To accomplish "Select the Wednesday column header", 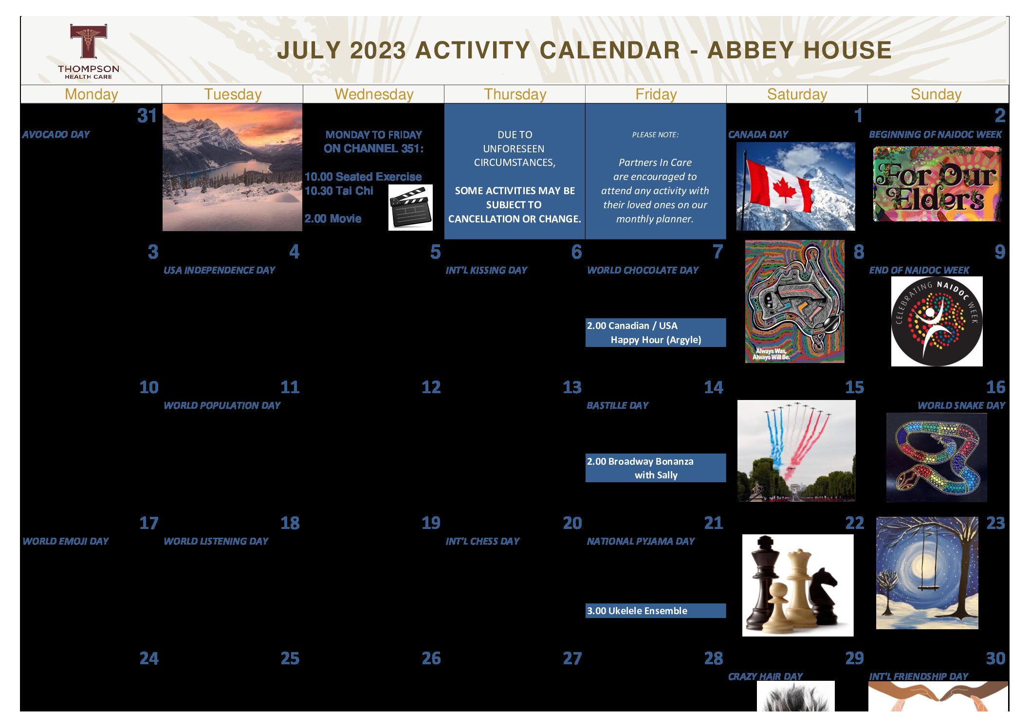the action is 374,94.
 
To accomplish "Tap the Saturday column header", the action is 797,94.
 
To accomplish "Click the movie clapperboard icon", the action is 410,207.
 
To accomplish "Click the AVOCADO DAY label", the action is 56,134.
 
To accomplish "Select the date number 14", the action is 713,387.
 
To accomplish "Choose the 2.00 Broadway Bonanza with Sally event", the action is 655,468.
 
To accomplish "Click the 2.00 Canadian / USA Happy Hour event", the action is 655,333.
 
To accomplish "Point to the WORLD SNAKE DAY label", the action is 961,405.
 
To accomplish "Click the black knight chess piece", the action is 823,596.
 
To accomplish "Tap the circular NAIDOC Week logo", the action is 937,321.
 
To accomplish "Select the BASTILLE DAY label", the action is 617,405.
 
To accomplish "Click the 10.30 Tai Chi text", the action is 339,191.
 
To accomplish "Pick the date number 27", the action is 572,658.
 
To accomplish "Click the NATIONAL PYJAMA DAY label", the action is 641,541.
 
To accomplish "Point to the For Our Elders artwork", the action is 937,184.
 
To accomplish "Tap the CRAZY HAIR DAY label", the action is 765,676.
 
